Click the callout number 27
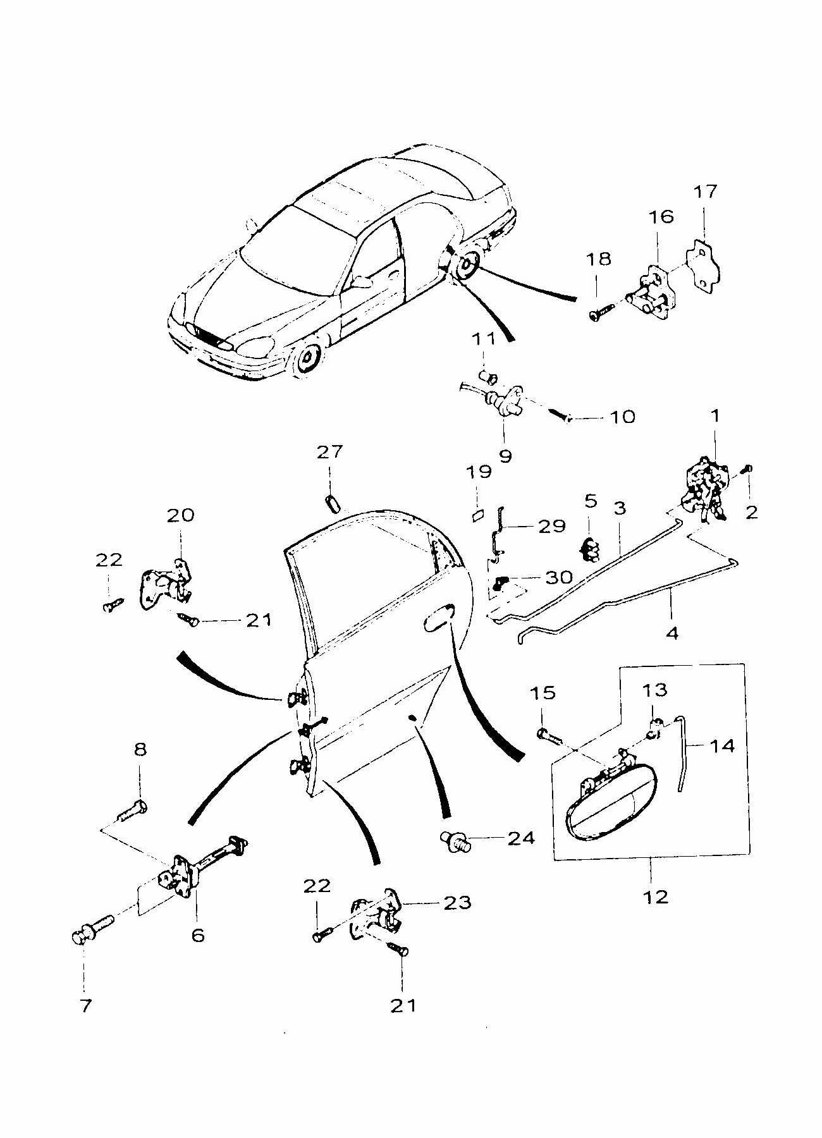point(329,451)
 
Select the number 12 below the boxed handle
point(654,896)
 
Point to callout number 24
point(520,838)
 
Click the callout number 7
point(85,1005)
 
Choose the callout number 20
point(181,515)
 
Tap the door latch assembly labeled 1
point(704,489)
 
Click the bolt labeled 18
point(601,312)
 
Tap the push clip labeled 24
point(454,840)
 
